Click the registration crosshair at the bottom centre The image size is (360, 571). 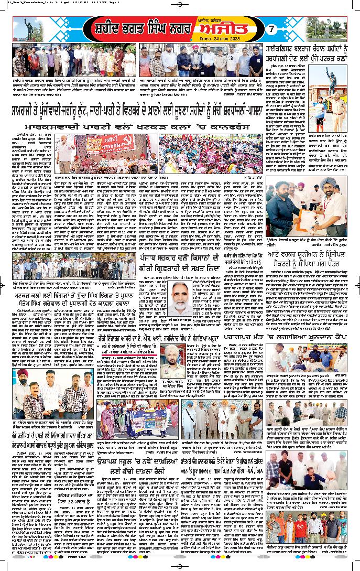pyautogui.click(x=180, y=566)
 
